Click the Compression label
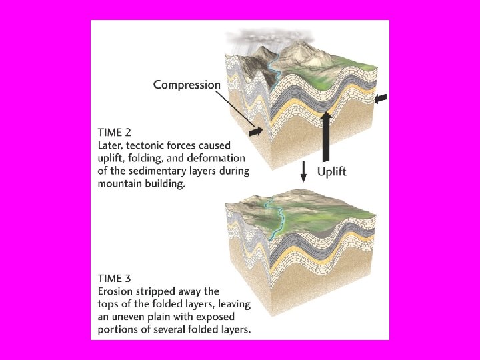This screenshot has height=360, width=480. [x=187, y=85]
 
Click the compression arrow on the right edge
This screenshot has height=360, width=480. [x=381, y=99]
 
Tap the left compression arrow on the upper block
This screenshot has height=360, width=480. [x=255, y=134]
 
